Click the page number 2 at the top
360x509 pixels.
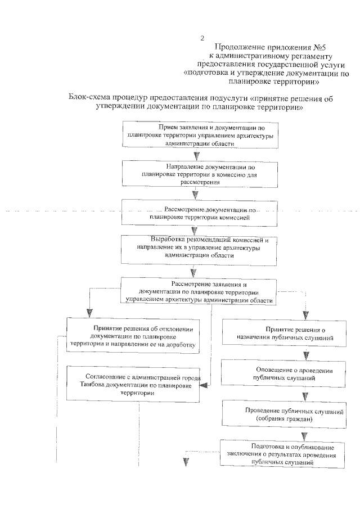click(202, 38)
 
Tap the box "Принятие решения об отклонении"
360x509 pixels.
click(133, 336)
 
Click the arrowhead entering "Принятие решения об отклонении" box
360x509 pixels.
click(87, 313)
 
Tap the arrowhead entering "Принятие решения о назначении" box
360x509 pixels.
click(306, 314)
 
